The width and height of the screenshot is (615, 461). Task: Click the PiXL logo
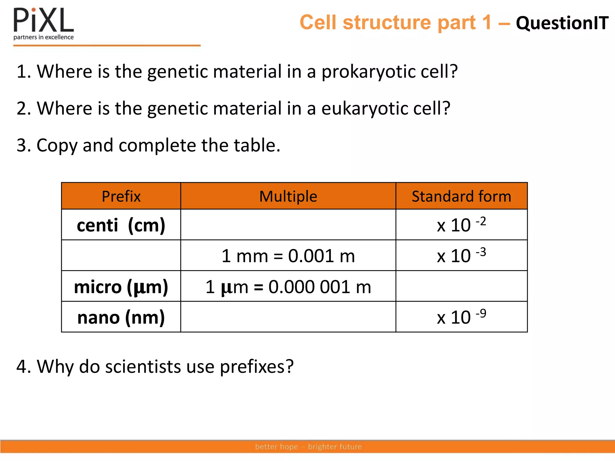coord(44,20)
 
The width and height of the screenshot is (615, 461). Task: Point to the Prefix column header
coord(121,196)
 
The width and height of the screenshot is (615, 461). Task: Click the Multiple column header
coord(288,196)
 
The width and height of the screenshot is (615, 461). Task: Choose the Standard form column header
coord(461,196)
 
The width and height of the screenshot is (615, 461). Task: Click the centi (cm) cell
coord(121,225)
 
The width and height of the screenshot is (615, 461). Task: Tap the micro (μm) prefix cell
coord(121,287)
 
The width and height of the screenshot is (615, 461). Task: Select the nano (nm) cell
coord(121,317)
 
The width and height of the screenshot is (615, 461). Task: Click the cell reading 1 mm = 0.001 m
coord(288,256)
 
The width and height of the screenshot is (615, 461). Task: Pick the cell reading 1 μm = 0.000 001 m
coord(288,287)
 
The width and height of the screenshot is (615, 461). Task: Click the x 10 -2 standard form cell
coord(461,225)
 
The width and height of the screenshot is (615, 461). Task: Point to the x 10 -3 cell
coord(461,256)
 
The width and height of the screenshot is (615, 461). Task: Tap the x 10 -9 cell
coord(461,317)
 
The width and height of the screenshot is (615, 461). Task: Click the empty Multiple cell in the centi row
coord(288,225)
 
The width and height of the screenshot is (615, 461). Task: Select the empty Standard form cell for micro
coord(461,287)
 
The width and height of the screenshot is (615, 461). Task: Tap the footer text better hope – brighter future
coord(308,447)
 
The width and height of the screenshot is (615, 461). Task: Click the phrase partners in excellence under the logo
coord(44,37)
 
